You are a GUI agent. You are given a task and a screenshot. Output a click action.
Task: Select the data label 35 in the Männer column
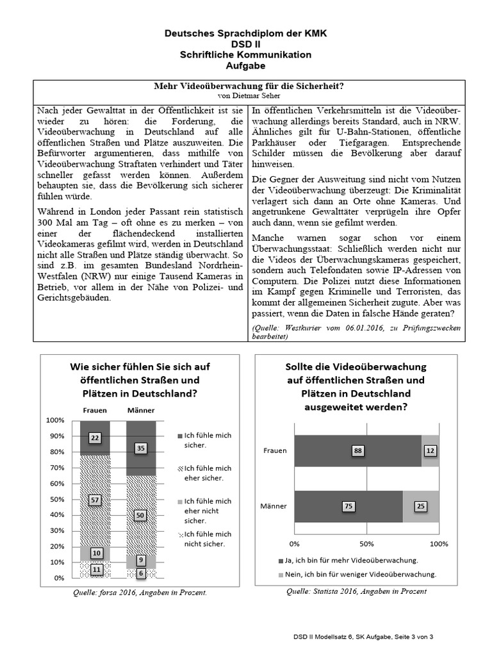(141, 448)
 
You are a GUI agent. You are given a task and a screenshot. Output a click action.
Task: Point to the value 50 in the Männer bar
(141, 514)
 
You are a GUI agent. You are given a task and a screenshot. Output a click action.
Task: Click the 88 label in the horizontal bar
(358, 451)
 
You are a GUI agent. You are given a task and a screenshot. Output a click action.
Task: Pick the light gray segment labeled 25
(421, 506)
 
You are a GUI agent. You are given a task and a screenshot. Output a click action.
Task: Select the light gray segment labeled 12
(430, 451)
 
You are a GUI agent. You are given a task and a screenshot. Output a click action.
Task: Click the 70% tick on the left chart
(56, 468)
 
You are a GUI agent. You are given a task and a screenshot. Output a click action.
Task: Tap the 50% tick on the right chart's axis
(366, 544)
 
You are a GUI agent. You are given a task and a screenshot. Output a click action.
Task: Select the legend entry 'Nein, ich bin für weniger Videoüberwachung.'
(357, 574)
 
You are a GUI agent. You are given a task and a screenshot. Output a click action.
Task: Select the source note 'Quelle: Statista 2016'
(356, 591)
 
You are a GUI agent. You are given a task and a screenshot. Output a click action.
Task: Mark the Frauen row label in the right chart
(275, 451)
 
